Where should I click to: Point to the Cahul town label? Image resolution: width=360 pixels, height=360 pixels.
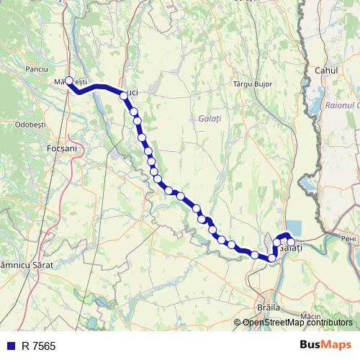click(x=327, y=71)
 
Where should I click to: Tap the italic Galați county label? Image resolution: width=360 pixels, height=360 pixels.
click(x=210, y=117)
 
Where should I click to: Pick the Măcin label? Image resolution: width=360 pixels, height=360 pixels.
click(x=311, y=317)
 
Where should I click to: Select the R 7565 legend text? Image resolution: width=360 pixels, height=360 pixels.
click(x=38, y=346)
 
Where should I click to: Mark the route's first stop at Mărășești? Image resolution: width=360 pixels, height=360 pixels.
click(x=70, y=81)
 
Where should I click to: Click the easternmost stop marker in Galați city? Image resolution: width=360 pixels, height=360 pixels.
click(x=291, y=242)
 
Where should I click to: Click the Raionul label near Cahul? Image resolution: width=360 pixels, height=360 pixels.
click(x=341, y=105)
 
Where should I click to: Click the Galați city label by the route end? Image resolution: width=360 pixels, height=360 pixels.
click(x=294, y=248)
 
